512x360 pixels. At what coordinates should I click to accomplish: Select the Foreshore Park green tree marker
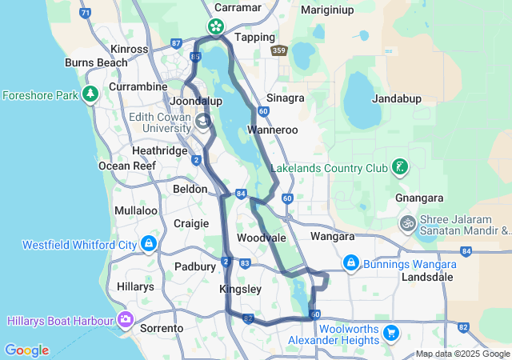click(x=91, y=94)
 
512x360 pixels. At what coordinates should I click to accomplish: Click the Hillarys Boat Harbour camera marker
click(x=126, y=320)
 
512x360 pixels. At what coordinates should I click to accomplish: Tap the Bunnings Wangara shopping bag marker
click(x=350, y=262)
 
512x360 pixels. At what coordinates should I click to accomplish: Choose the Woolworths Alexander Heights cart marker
click(x=390, y=331)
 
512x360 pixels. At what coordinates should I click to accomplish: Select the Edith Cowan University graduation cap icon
click(x=203, y=122)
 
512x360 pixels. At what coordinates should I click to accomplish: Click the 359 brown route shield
click(x=278, y=50)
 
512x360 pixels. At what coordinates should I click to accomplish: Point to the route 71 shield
click(x=86, y=14)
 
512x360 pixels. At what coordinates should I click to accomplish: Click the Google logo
click(x=26, y=350)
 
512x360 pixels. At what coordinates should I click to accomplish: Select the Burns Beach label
click(x=96, y=62)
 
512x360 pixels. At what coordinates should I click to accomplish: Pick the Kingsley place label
click(x=239, y=289)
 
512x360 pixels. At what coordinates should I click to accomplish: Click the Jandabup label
click(x=397, y=99)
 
